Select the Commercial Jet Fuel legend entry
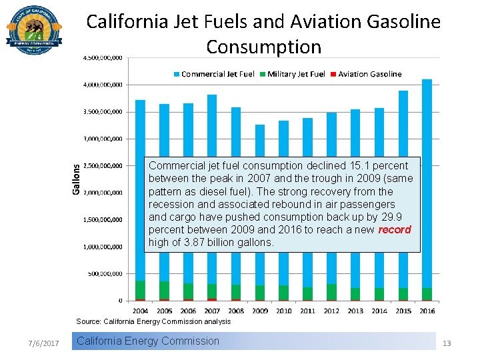pyautogui.click(x=213, y=74)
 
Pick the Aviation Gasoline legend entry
pyautogui.click(x=365, y=74)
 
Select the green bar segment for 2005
pyautogui.click(x=164, y=290)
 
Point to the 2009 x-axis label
pyautogui.click(x=259, y=311)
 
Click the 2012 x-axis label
pyautogui.click(x=331, y=311)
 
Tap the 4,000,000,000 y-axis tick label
pyautogui.click(x=103, y=85)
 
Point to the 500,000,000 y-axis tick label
pyautogui.click(x=105, y=273)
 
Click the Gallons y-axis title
pyautogui.click(x=76, y=179)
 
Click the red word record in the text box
pyautogui.click(x=395, y=229)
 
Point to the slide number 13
pyautogui.click(x=447, y=343)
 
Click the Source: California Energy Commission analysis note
pyautogui.click(x=153, y=321)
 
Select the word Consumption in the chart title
pyautogui.click(x=263, y=47)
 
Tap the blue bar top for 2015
pyautogui.click(x=403, y=92)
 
